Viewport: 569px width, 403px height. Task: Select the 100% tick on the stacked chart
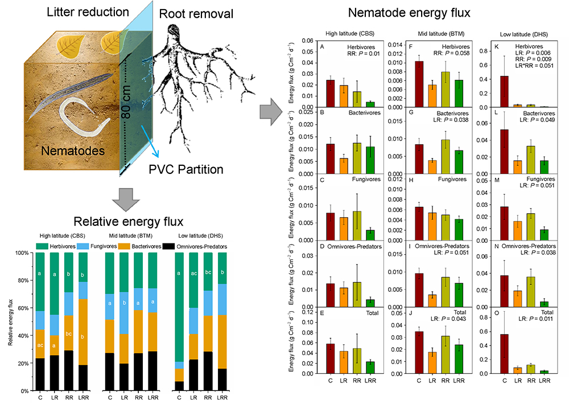pyautogui.click(x=24, y=253)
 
